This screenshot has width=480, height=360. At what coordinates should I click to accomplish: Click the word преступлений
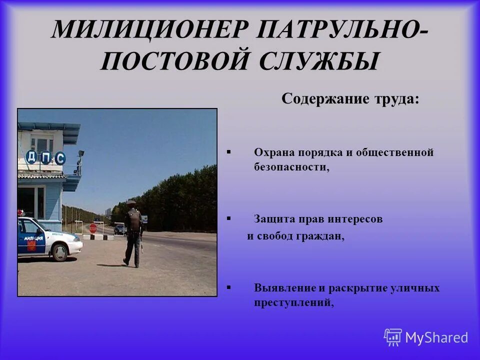coord(293,302)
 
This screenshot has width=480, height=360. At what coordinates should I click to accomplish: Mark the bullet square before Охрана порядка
coord(228,150)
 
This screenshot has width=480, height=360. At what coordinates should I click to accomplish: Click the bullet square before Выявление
coord(228,287)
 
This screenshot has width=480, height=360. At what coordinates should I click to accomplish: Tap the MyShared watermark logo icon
coord(393,337)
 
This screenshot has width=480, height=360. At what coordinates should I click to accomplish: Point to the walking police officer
coord(133,232)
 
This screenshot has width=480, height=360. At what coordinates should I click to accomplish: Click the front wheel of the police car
coord(60,252)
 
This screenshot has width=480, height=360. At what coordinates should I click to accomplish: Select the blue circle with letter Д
coord(31,157)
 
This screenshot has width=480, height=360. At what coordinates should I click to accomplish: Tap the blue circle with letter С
coord(60,158)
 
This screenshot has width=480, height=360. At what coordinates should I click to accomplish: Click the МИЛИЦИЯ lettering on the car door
coord(33,238)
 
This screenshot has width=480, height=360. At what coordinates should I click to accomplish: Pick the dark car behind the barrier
coord(119,229)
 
